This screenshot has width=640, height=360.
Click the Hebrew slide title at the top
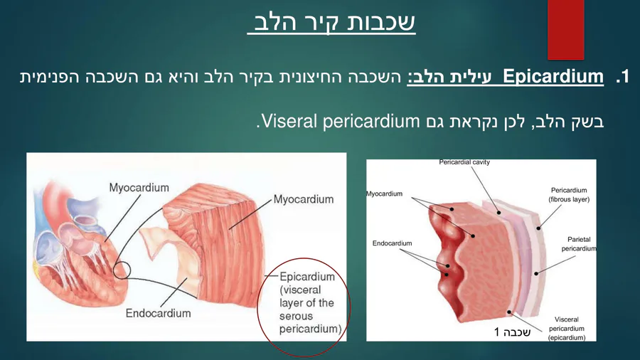tap(331, 23)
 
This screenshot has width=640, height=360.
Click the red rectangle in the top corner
tap(566, 29)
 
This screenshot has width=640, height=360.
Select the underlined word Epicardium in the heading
tap(553, 77)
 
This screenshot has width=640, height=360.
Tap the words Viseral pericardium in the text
tap(341, 121)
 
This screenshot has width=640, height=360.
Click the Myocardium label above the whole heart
tap(139, 188)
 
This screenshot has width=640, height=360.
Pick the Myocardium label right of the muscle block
tap(303, 199)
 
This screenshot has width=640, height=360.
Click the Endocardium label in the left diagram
tap(158, 313)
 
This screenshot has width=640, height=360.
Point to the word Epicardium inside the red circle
tap(307, 277)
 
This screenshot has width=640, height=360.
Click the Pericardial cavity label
tap(464, 162)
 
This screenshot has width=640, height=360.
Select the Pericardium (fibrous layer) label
tap(569, 195)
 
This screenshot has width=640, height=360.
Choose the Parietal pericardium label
tap(579, 243)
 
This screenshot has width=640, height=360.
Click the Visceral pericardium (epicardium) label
tap(567, 329)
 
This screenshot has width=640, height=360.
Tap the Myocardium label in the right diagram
tap(384, 194)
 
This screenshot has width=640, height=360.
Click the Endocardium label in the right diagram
tap(392, 243)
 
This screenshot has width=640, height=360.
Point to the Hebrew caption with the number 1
tap(512, 332)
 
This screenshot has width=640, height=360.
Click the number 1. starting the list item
tap(622, 77)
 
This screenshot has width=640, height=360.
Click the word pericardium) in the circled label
tap(310, 329)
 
